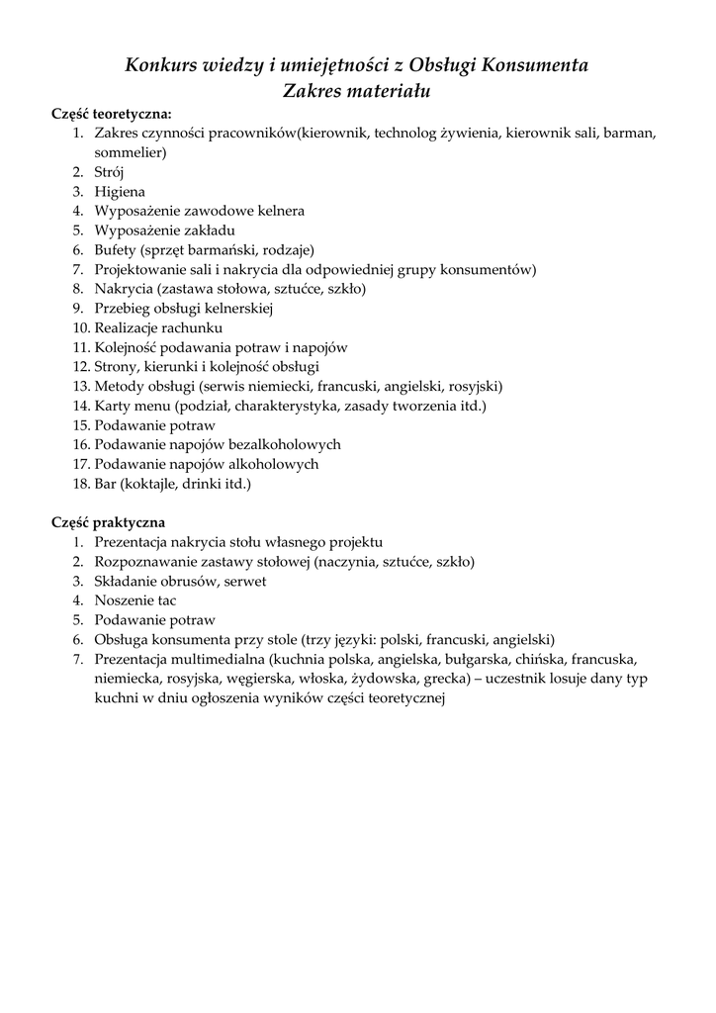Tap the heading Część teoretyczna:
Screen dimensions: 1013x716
[x=112, y=114]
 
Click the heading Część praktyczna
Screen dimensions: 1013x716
[x=108, y=522]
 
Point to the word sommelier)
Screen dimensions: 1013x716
[x=131, y=152]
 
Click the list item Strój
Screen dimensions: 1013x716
[x=109, y=172]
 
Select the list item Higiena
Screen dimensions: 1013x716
[x=120, y=192]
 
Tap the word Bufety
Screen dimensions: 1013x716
[x=116, y=250]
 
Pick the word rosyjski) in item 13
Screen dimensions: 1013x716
[x=478, y=386]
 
